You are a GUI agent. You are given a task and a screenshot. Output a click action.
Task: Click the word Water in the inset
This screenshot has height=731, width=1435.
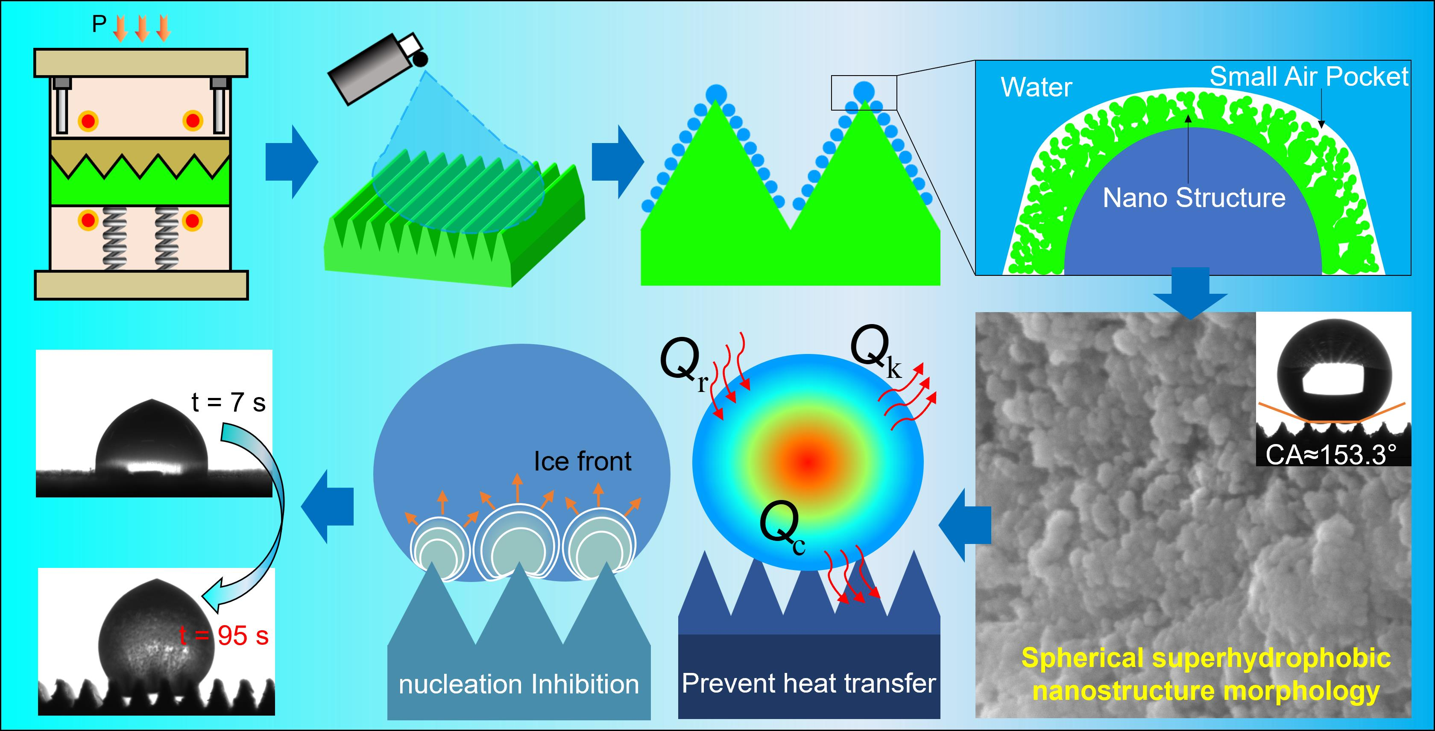click(1036, 88)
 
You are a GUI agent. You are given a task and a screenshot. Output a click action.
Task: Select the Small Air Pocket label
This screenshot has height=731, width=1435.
click(1309, 77)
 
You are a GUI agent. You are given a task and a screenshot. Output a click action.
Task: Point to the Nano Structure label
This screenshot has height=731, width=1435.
click(1194, 198)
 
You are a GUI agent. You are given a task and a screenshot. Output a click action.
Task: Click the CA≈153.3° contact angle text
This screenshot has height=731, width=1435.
click(1331, 455)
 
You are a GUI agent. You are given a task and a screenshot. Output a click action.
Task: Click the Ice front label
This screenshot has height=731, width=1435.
click(582, 462)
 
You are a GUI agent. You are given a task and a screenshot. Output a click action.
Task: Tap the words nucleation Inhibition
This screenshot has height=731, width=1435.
click(518, 684)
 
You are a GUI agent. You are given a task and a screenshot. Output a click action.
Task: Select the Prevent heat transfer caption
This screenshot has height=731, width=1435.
click(809, 684)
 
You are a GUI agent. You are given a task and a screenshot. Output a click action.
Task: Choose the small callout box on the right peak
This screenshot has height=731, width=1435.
click(864, 93)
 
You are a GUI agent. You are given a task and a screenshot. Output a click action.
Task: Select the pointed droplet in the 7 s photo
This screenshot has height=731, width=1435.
click(152, 440)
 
